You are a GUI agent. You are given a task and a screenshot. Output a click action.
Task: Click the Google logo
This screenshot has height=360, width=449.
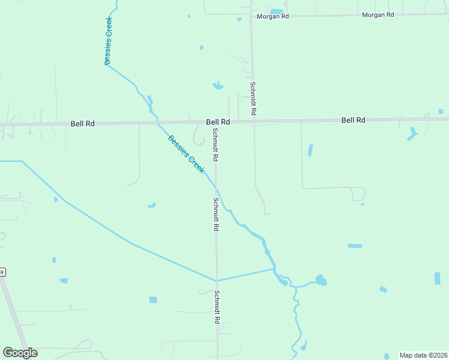[20, 353]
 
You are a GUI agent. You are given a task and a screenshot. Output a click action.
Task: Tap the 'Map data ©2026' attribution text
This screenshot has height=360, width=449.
[423, 355]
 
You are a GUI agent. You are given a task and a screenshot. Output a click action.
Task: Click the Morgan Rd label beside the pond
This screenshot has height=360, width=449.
[273, 16]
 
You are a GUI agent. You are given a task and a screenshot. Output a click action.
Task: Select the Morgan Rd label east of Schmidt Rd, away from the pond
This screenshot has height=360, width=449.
[378, 14]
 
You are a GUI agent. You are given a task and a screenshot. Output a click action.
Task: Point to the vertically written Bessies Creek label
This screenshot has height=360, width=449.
[108, 41]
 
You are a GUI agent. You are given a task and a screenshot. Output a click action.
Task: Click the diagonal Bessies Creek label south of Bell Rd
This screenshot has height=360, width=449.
[186, 154]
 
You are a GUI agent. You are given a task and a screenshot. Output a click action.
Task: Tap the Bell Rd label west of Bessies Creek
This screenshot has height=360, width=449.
[83, 124]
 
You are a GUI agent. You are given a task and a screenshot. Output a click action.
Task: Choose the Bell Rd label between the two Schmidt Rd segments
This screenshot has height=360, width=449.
[218, 122]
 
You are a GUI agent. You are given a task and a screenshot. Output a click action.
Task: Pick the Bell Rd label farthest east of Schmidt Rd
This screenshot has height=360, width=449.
[354, 120]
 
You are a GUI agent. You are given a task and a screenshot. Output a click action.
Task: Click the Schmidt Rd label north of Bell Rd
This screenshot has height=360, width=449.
[254, 98]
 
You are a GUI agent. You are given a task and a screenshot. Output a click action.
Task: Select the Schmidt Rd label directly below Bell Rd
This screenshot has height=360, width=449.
[215, 145]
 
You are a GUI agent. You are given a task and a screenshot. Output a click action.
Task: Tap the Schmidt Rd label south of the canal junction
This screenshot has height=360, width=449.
[217, 307]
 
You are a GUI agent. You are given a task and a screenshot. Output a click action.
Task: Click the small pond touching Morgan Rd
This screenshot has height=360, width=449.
[276, 11]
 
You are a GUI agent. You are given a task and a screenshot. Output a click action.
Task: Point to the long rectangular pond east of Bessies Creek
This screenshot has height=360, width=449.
[355, 245]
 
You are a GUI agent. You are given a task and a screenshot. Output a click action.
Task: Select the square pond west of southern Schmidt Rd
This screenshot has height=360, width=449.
[153, 299]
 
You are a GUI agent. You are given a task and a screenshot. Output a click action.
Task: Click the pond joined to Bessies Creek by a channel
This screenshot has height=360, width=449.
[321, 280]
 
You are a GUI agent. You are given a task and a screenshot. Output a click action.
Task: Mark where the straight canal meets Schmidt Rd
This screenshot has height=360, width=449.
[217, 280]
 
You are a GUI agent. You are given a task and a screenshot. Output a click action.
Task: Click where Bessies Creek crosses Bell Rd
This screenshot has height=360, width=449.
[157, 122]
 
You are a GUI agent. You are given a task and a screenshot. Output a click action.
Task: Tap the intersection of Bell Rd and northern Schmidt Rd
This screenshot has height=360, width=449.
[253, 121]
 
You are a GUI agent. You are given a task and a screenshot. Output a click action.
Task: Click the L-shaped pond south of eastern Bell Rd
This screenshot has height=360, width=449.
[412, 134]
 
